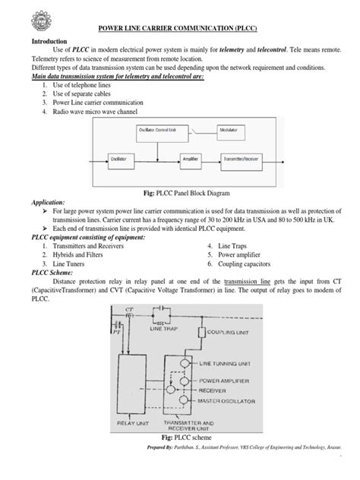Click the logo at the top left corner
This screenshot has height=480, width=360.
tap(21, 17)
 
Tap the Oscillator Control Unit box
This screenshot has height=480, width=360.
tap(166, 130)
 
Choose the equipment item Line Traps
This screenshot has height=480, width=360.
tap(232, 247)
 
